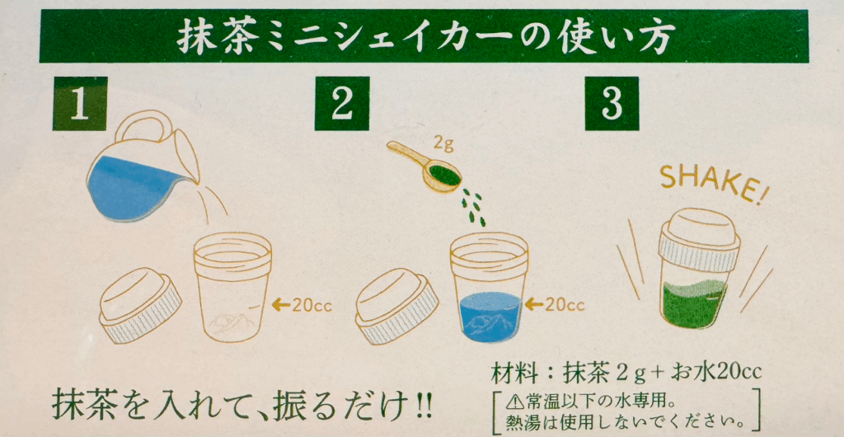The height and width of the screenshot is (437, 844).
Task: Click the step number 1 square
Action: pyautogui.click(x=80, y=103)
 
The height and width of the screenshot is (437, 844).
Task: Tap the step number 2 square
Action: pyautogui.click(x=342, y=103)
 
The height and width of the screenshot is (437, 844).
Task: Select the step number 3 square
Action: pyautogui.click(x=612, y=103)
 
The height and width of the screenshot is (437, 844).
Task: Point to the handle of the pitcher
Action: pyautogui.click(x=141, y=125)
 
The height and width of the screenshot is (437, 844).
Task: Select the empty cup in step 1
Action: pyautogui.click(x=232, y=287)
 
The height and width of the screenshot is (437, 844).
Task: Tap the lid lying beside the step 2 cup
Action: pyautogui.click(x=396, y=306)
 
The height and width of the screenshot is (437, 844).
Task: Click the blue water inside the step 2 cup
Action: pyautogui.click(x=490, y=317)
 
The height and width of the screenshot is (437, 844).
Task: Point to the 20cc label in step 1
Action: pyautogui.click(x=302, y=305)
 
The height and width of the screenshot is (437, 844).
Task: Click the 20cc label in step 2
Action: pyautogui.click(x=555, y=305)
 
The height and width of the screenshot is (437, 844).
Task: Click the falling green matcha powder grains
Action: pyautogui.click(x=474, y=208)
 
